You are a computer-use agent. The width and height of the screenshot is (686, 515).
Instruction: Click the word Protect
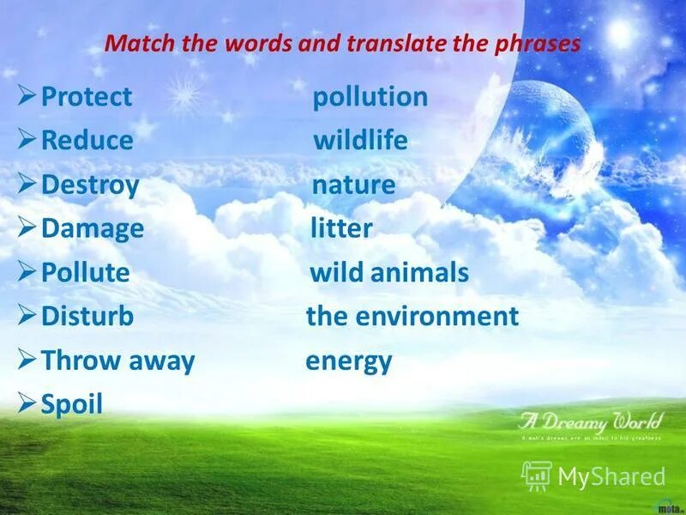click(x=87, y=97)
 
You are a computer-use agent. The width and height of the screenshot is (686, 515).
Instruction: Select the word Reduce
click(x=87, y=141)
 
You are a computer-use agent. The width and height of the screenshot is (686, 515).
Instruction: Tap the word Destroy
click(x=90, y=185)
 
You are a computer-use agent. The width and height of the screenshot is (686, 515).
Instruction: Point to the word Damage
click(x=93, y=228)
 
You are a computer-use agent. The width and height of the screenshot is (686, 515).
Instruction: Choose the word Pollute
click(x=86, y=273)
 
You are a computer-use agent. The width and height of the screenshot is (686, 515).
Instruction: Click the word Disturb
click(x=87, y=317)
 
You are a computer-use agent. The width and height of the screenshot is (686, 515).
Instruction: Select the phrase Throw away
click(x=118, y=360)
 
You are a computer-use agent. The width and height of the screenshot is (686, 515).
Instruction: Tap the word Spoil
click(x=72, y=404)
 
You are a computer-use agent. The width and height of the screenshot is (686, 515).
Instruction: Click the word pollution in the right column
click(x=370, y=97)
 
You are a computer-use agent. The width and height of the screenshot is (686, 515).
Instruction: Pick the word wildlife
click(x=360, y=141)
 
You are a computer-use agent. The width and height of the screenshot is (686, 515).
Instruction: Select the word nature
click(x=353, y=185)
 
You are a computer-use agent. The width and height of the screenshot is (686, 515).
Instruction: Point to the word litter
click(x=340, y=228)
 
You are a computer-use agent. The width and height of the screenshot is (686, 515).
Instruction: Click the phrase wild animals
click(x=388, y=273)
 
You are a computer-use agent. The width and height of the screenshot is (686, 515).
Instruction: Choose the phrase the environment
click(x=412, y=317)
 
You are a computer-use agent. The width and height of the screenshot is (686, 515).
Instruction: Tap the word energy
click(x=348, y=361)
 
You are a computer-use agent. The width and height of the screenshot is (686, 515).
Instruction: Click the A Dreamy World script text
click(x=590, y=421)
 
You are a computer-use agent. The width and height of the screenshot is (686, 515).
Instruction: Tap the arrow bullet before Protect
click(x=27, y=96)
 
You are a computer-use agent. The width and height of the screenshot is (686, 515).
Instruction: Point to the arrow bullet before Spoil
click(x=27, y=403)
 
